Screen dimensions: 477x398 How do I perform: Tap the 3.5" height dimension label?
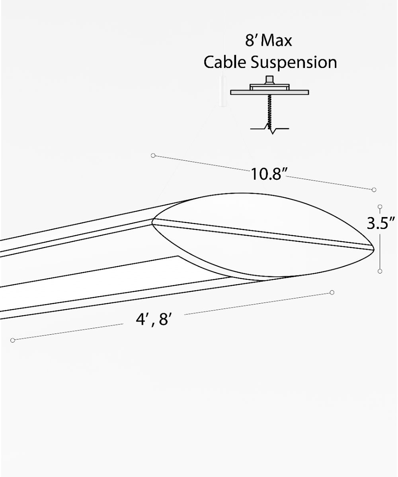pyautogui.click(x=382, y=223)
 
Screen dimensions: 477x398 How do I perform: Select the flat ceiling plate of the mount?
pyautogui.click(x=269, y=92)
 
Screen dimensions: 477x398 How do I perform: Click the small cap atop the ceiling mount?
pyautogui.click(x=270, y=79)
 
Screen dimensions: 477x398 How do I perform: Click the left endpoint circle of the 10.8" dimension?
pyautogui.click(x=153, y=155)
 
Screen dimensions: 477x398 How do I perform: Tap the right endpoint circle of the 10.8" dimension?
pyautogui.click(x=374, y=190)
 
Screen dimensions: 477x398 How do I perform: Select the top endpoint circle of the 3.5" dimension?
pyautogui.click(x=380, y=207)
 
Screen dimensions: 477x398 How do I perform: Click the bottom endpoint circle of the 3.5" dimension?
pyautogui.click(x=380, y=271)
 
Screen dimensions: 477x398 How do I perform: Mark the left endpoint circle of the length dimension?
pyautogui.click(x=13, y=340)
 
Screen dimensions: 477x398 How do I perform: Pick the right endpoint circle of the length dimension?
pyautogui.click(x=332, y=293)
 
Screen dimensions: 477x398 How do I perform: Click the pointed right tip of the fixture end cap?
pyautogui.click(x=373, y=249)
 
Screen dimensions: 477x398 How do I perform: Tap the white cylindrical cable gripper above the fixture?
pyautogui.click(x=221, y=91)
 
